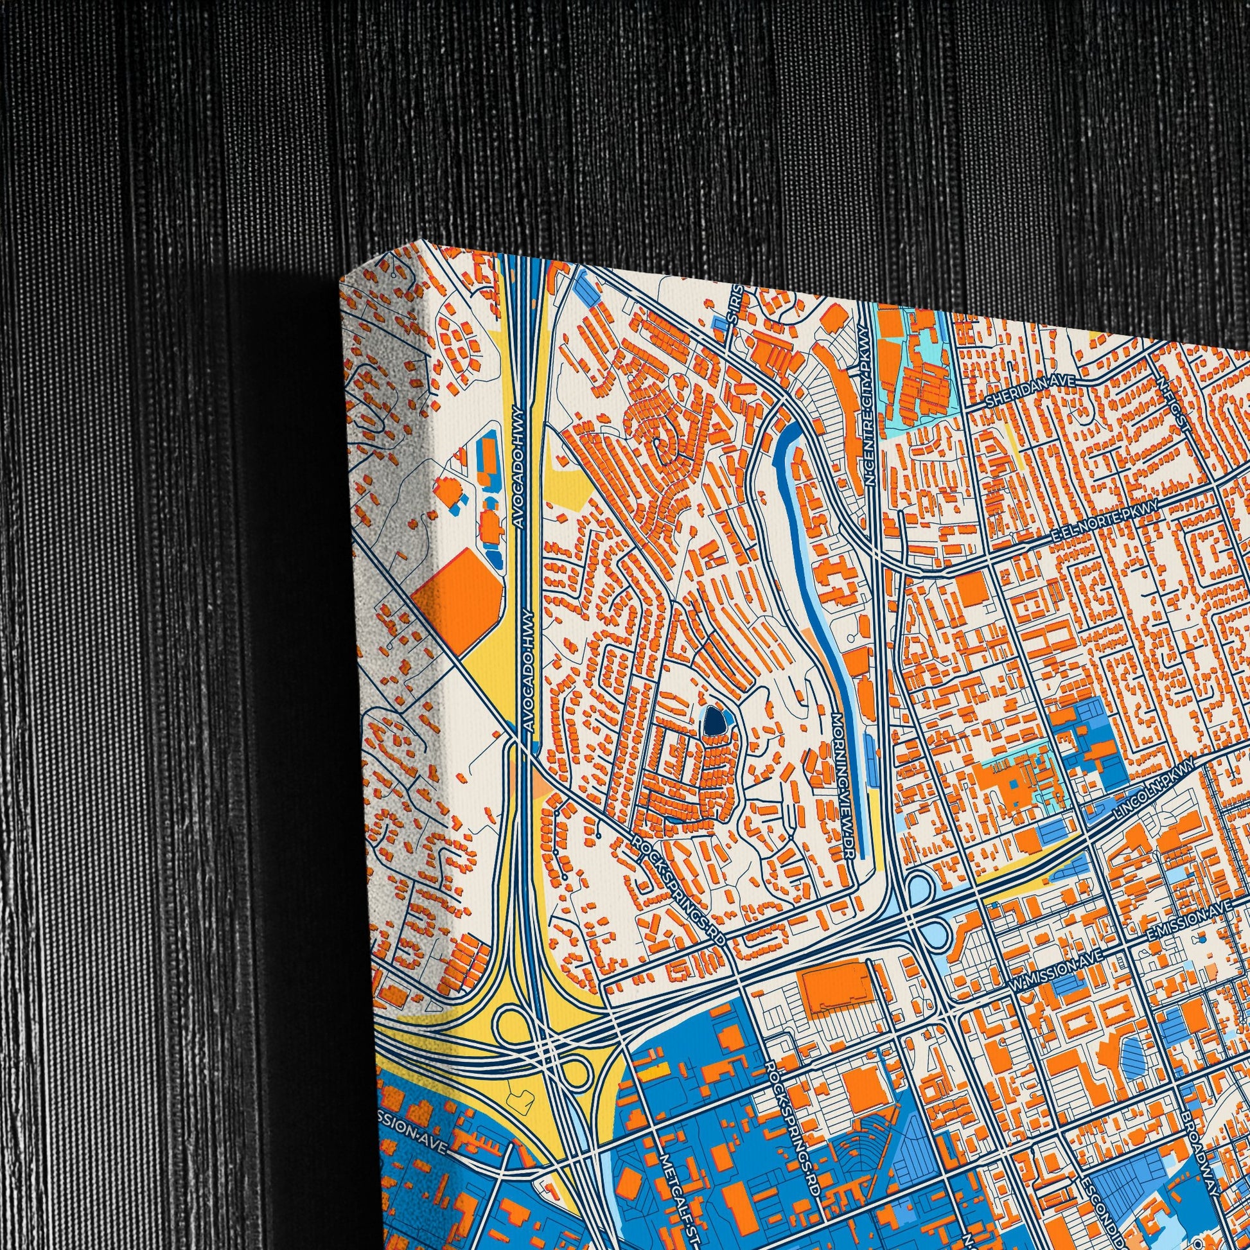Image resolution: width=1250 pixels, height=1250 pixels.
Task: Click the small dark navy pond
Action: pyautogui.click(x=712, y=721)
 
